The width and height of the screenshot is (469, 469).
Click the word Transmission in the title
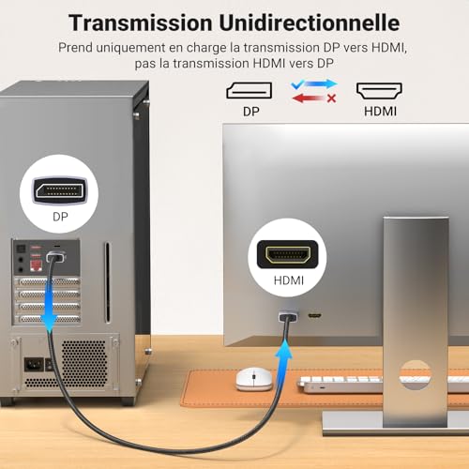(141, 23)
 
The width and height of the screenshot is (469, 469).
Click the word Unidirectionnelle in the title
(309, 23)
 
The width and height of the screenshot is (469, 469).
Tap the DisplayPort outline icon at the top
(250, 90)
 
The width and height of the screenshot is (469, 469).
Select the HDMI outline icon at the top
(379, 91)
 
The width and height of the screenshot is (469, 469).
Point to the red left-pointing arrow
(309, 98)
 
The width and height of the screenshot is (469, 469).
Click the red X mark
(331, 98)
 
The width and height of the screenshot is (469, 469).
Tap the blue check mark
(297, 83)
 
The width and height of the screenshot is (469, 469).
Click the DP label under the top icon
(251, 112)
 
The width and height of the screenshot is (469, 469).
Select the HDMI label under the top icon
(380, 112)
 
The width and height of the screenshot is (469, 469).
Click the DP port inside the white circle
(59, 190)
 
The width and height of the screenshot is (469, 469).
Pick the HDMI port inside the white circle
(288, 254)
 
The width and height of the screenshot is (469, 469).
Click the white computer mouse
(254, 379)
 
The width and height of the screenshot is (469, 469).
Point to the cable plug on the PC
(56, 257)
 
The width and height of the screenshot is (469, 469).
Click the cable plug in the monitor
(288, 317)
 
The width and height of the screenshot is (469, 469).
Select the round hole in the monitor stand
(416, 375)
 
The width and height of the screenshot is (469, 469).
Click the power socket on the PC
(34, 365)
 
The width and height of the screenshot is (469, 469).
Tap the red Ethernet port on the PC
(36, 265)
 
